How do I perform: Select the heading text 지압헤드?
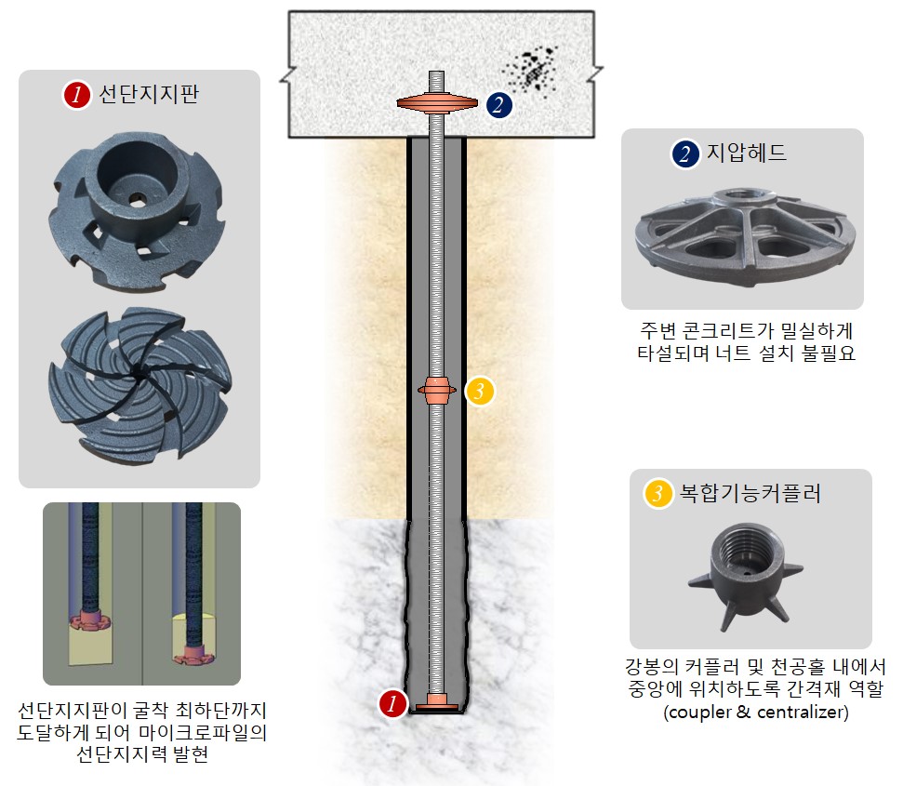point(747,153)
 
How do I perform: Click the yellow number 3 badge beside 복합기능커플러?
point(658,493)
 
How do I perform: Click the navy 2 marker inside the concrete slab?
point(498,104)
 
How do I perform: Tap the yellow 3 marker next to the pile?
point(479,392)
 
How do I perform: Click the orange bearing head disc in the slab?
point(437,103)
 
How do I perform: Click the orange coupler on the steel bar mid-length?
point(436,391)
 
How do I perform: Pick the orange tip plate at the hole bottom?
point(436,707)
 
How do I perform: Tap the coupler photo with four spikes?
point(747,572)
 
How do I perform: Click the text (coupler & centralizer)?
point(750,713)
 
